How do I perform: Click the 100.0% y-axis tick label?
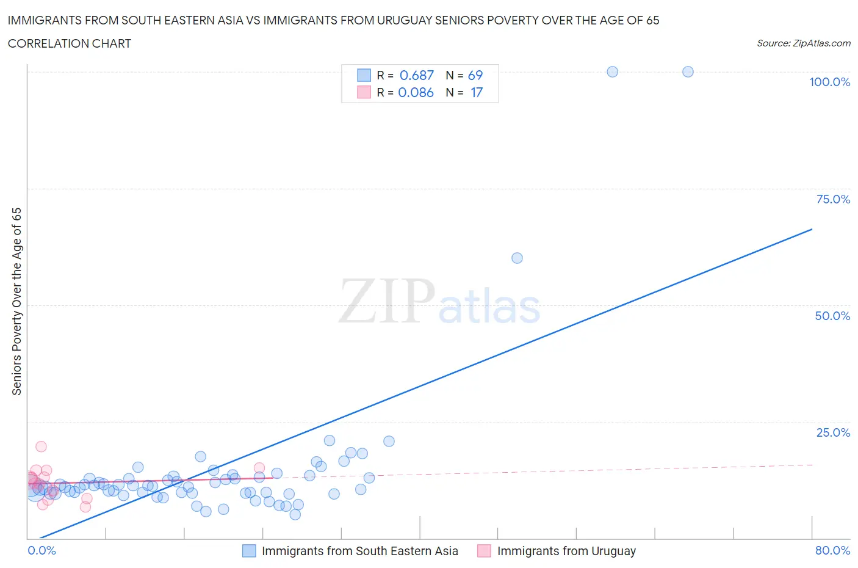point(829,82)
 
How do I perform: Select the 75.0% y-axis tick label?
point(833,199)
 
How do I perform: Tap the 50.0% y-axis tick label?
point(832,316)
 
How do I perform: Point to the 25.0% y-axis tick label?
point(833,432)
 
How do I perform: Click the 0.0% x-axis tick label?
point(41,550)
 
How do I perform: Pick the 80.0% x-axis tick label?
point(832,550)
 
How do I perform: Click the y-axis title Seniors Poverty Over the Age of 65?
point(16,301)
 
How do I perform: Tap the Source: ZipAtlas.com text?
point(803,43)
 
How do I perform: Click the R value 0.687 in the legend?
point(416,75)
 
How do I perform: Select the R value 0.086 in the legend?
point(416,92)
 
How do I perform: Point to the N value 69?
point(475,75)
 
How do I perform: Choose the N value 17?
point(476,92)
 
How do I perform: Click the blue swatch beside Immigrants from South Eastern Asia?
point(249,551)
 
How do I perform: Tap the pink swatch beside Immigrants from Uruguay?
point(484,551)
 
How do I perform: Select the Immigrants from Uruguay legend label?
point(566,551)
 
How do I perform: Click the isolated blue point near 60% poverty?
point(517,258)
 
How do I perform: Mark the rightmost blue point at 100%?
point(688,71)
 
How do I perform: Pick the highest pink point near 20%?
point(41,446)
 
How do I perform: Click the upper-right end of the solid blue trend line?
point(812,229)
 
